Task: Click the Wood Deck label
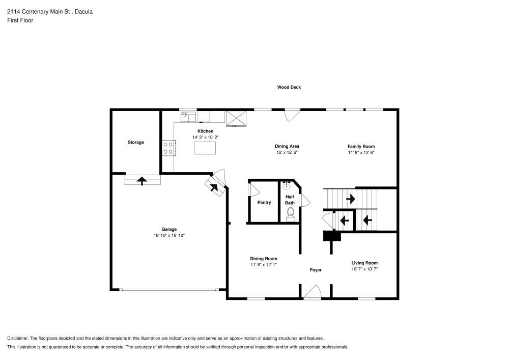(289, 87)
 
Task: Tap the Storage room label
(135, 143)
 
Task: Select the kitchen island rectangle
(205, 148)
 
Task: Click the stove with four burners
(168, 148)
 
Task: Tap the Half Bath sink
(287, 184)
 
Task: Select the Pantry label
(264, 203)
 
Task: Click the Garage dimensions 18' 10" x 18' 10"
(169, 236)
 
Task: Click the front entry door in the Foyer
(312, 293)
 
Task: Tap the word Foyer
(316, 270)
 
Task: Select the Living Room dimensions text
(364, 269)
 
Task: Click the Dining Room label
(263, 259)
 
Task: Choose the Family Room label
(361, 146)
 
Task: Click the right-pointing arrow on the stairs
(351, 199)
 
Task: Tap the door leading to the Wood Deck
(293, 115)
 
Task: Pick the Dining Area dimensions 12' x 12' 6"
(287, 152)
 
